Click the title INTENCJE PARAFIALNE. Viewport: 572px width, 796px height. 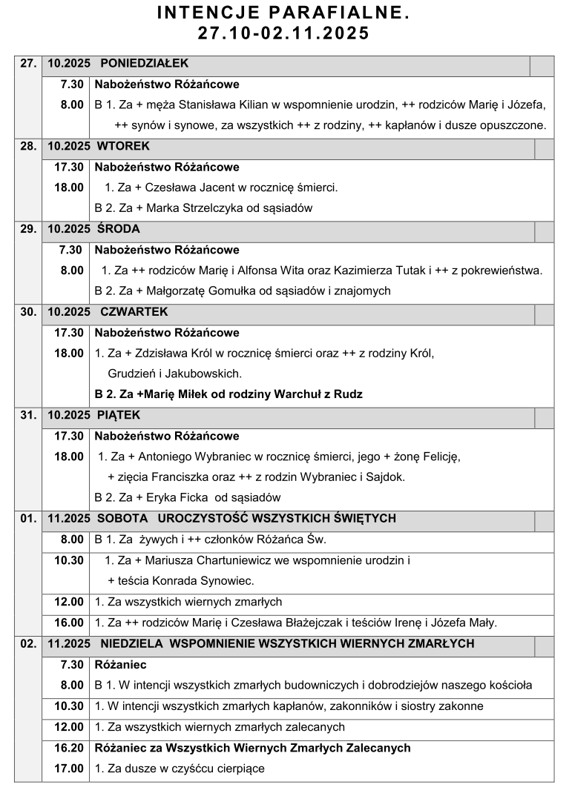click(285, 14)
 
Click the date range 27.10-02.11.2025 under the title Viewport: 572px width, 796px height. click(285, 34)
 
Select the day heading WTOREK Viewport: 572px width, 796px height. click(123, 146)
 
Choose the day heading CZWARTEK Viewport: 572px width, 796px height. click(134, 312)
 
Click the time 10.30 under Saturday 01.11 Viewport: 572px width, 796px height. click(69, 560)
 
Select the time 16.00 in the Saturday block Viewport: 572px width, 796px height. click(69, 623)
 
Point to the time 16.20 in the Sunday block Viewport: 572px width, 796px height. click(69, 748)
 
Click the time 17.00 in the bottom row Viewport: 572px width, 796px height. click(69, 769)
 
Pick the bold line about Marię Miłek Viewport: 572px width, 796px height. click(229, 394)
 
